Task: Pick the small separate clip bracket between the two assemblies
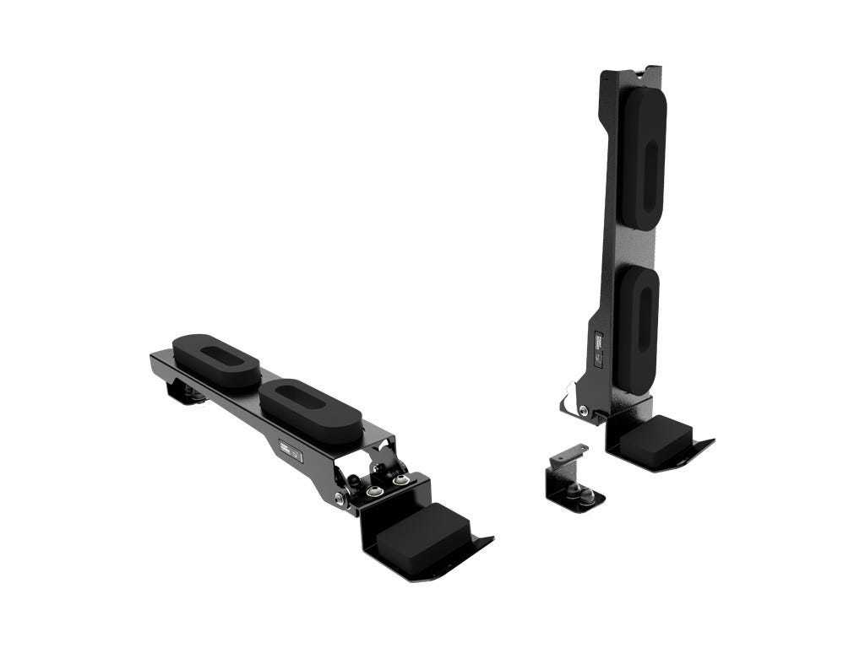[x=572, y=483]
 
